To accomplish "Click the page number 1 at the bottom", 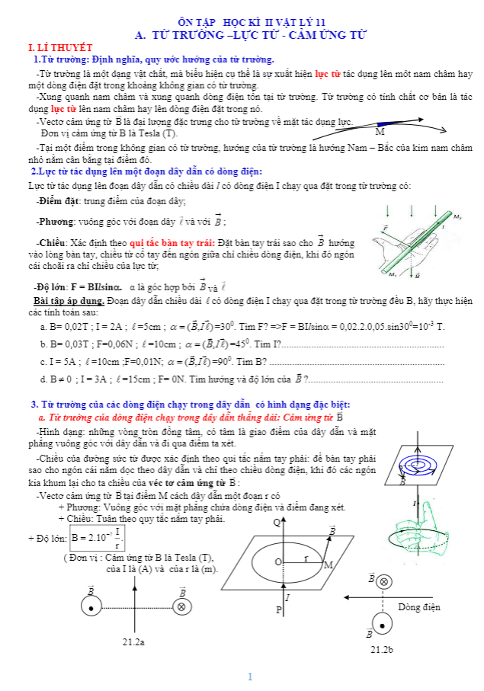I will [249, 677].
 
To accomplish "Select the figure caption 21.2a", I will [133, 642].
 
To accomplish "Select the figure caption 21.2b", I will [381, 649].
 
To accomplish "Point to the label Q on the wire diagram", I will [277, 522].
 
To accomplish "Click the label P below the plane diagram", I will [278, 611].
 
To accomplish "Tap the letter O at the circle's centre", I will [278, 562].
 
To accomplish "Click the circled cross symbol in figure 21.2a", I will [181, 607].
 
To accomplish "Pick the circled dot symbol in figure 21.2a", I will [91, 607].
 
